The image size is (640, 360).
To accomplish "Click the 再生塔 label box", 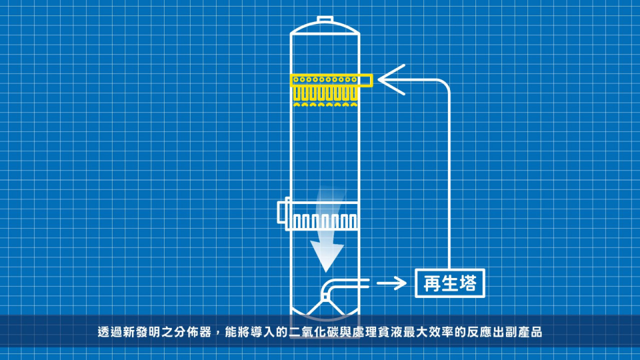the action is point(450,283).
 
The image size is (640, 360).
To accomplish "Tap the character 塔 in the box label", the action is point(467,283).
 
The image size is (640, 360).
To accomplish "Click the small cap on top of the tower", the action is point(325,19).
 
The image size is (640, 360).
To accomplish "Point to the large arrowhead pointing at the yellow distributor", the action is point(391,79).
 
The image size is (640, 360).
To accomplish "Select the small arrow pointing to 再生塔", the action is point(391,283).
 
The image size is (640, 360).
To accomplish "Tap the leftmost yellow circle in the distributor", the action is point(296,79).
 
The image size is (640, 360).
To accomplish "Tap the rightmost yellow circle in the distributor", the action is point(354,79).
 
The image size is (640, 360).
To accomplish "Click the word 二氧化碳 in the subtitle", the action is point(313,332).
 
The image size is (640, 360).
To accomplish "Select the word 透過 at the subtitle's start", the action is point(110,332).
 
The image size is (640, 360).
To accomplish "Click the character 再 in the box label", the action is point(432,283).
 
